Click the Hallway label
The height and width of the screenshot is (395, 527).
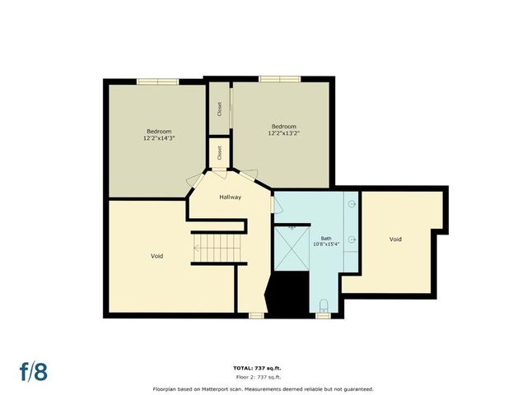230,197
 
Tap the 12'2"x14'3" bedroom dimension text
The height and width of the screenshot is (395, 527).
159,138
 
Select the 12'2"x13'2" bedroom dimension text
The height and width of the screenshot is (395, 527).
284,132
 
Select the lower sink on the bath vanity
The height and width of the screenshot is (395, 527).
352,239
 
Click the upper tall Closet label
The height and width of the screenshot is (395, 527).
219,109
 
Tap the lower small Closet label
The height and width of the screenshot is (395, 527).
220,152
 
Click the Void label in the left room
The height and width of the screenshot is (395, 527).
156,256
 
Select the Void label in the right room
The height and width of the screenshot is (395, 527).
395,239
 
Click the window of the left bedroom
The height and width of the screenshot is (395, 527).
158,81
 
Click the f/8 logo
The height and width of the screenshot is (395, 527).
34,371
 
